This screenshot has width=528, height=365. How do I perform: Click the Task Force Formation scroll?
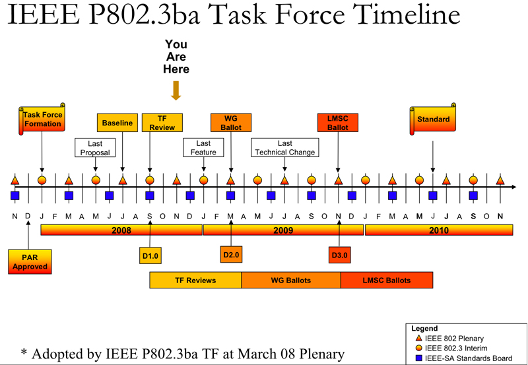tap(42, 119)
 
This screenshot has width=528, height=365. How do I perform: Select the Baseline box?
tap(117, 123)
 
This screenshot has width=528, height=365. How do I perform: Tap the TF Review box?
tap(162, 123)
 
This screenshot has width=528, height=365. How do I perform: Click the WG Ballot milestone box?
tap(230, 123)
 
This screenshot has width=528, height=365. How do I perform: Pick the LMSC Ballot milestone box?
tap(338, 123)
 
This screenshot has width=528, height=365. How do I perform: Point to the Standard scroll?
tap(433, 119)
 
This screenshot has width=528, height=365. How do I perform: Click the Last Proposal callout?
tap(95, 147)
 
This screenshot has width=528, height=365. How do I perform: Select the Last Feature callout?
tap(203, 147)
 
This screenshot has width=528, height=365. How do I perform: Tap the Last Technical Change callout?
tap(285, 147)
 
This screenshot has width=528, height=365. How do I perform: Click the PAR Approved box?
tap(30, 261)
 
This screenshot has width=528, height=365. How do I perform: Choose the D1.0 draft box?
tap(150, 255)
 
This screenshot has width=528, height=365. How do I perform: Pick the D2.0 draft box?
tap(231, 255)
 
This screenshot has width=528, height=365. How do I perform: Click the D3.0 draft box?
tap(339, 255)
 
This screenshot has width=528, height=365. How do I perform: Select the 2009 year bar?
tap(283, 230)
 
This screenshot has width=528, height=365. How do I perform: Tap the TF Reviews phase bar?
tap(195, 280)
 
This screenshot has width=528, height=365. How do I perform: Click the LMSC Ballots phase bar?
tap(387, 280)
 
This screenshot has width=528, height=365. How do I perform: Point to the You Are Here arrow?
tap(176, 90)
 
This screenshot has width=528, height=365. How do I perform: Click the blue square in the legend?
tap(419, 358)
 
